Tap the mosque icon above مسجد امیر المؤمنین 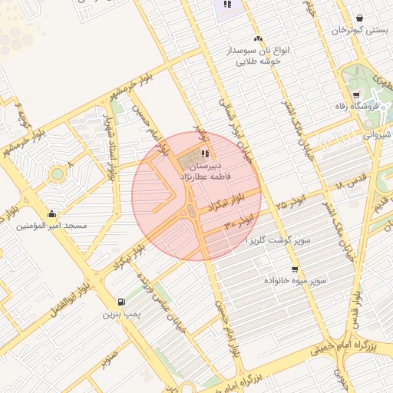[x=51, y=213]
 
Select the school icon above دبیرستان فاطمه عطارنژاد [x=205, y=154]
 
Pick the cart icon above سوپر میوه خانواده [x=295, y=269]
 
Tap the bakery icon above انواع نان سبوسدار [x=258, y=38]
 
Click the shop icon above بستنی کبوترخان [x=360, y=18]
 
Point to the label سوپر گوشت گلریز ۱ [x=278, y=240]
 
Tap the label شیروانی [x=376, y=134]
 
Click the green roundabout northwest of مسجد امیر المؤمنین [x=57, y=173]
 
